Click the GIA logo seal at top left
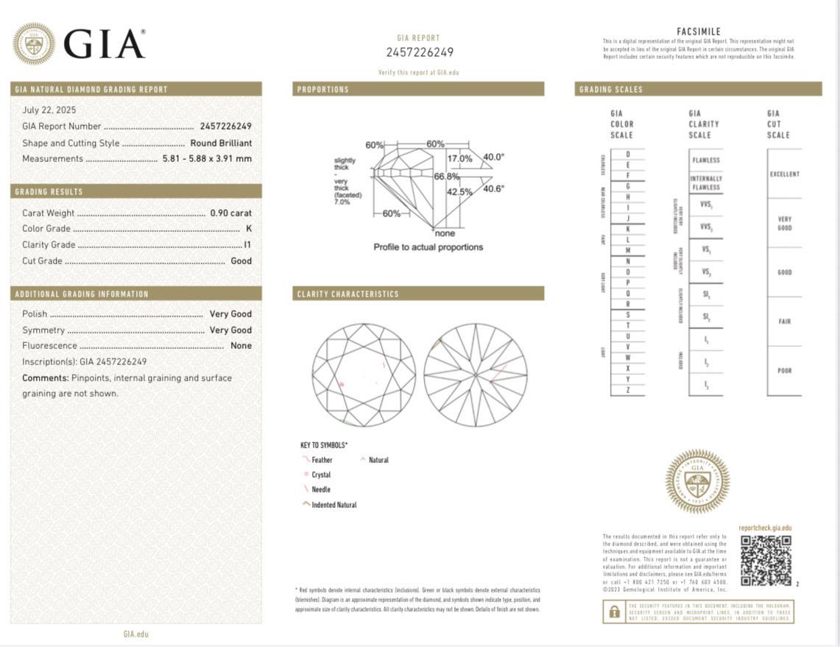coord(34,43)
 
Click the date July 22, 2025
coord(49,110)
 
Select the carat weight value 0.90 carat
coord(230,213)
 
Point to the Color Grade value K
coord(248,229)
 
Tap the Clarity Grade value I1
coord(247,245)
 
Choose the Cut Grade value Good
coord(241,261)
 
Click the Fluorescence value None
coord(241,346)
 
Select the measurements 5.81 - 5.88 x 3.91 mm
coord(207,159)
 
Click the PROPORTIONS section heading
coord(323,90)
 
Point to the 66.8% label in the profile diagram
coord(446,177)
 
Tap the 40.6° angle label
coord(493,189)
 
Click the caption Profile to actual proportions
coord(428,247)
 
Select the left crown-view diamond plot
coord(364,375)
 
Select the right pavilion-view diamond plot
coord(476,375)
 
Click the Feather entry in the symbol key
coord(321,460)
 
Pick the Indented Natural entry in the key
coord(333,505)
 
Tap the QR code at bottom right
coord(766,560)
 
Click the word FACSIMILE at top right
coord(698,32)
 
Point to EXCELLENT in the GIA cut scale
coord(784,174)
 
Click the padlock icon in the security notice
coord(613,612)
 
